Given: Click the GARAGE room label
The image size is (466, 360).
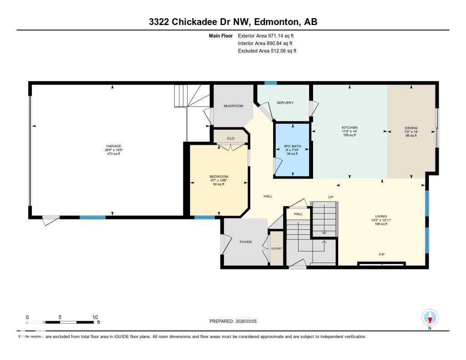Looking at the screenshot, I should pyautogui.click(x=113, y=146).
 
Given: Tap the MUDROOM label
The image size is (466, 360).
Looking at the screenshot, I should pyautogui.click(x=233, y=106).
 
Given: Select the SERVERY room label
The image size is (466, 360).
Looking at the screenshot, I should pyautogui.click(x=285, y=103).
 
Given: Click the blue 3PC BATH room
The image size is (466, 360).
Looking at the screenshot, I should pyautogui.click(x=292, y=150).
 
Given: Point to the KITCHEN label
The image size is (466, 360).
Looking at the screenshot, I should pyautogui.click(x=349, y=127).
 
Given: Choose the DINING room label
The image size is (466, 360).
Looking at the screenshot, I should pyautogui.click(x=411, y=128).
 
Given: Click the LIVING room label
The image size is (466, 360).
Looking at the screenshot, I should pyautogui.click(x=380, y=216).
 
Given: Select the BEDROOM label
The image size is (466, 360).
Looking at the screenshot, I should pyautogui.click(x=218, y=177).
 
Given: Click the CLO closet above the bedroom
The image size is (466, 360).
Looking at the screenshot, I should pyautogui.click(x=230, y=138).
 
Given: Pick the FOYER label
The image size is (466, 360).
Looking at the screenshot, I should pyautogui.click(x=246, y=242).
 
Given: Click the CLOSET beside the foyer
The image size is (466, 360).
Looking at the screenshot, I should pyautogui.click(x=276, y=248).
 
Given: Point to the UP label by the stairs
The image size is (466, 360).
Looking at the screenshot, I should pyautogui.click(x=331, y=197).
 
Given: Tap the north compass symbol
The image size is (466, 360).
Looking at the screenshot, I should pyautogui.click(x=430, y=317).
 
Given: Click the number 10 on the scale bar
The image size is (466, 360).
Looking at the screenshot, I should pyautogui.click(x=95, y=317).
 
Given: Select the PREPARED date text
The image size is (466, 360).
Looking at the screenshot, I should pyautogui.click(x=233, y=321).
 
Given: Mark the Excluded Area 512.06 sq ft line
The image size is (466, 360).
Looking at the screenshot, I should pyautogui.click(x=267, y=51).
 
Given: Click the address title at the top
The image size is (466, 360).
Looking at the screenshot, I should pyautogui.click(x=233, y=22).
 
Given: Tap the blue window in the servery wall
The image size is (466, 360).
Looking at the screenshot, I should pyautogui.click(x=271, y=83).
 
